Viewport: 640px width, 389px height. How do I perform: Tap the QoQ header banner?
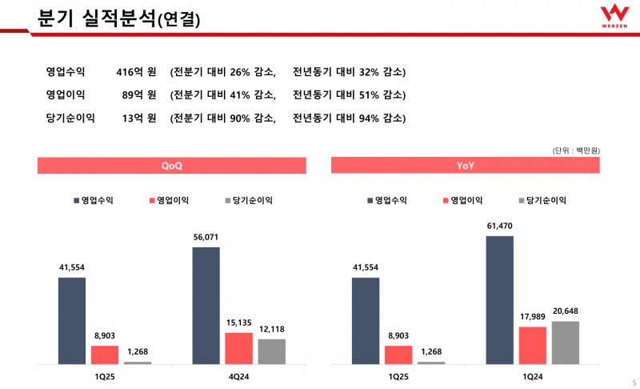(172, 166)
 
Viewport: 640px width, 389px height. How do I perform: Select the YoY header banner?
(466, 166)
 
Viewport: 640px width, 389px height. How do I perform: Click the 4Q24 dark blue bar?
(206, 306)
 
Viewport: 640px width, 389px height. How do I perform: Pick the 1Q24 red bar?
(533, 345)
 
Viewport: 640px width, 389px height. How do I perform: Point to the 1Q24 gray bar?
(566, 343)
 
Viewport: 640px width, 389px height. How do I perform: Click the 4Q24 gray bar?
(272, 351)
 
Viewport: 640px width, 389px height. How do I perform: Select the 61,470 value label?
(500, 227)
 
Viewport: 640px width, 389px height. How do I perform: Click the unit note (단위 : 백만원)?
(576, 150)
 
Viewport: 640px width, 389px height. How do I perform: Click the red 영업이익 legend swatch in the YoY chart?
(445, 200)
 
